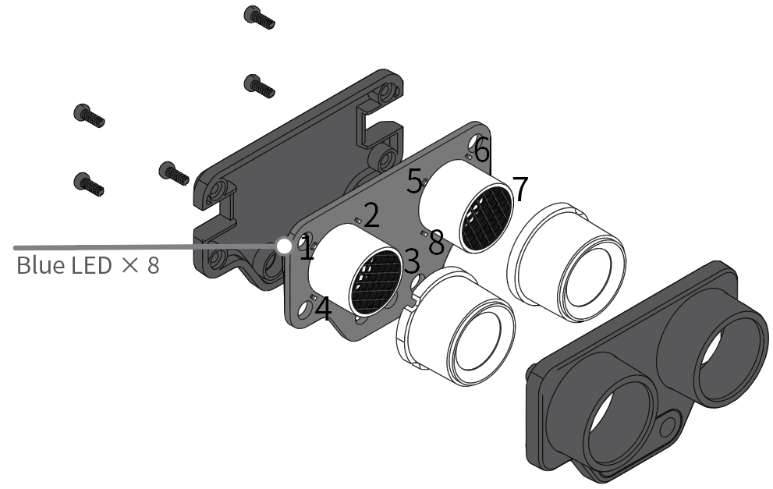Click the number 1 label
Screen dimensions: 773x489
point(307,248)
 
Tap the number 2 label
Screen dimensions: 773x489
point(371,215)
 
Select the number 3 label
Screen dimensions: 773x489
point(412,261)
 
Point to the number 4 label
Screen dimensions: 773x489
point(323,309)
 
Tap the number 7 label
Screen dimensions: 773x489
point(520,190)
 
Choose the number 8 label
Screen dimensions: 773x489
point(436,243)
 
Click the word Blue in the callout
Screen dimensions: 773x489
point(41,264)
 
